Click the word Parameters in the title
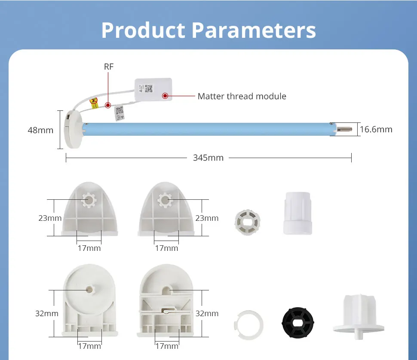pyautogui.click(x=253, y=30)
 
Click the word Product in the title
pyautogui.click(x=143, y=30)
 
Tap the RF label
pyautogui.click(x=109, y=67)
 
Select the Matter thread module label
pyautogui.click(x=242, y=96)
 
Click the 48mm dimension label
pyautogui.click(x=40, y=130)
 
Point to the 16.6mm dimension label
pyautogui.click(x=376, y=129)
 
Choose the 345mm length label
pyautogui.click(x=208, y=158)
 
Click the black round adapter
pyautogui.click(x=297, y=323)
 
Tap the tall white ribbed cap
pyautogui.click(x=297, y=213)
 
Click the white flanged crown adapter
pyautogui.click(x=358, y=315)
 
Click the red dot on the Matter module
pyautogui.click(x=165, y=96)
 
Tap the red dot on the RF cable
pyautogui.click(x=108, y=105)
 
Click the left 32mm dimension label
pyautogui.click(x=46, y=314)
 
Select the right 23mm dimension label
pyautogui.click(x=207, y=218)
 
